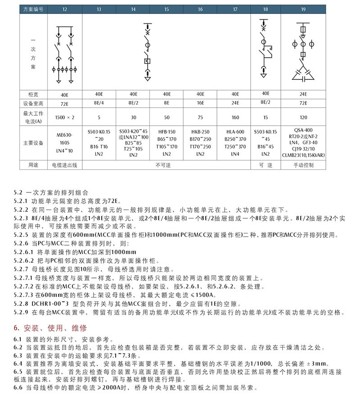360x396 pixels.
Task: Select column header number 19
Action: tap(303, 9)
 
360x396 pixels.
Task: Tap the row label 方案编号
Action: tap(33, 9)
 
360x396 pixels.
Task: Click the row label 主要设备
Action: tap(33, 143)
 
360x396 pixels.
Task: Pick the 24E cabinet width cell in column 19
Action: tap(303, 94)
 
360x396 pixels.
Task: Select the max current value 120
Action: tap(303, 117)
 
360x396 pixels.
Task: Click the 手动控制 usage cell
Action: tap(303, 165)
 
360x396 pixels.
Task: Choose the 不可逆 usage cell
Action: tap(166, 165)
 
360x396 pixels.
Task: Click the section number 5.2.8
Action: tap(22, 304)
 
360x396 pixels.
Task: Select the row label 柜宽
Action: tap(33, 94)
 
